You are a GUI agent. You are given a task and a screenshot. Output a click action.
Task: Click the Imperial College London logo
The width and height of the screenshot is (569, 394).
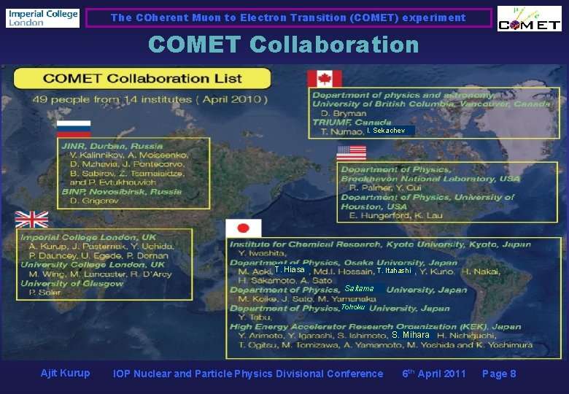42,18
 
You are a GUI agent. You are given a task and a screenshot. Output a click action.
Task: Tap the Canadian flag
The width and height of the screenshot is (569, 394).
324,79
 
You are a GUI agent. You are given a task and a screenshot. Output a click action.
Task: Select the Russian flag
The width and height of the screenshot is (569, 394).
74,128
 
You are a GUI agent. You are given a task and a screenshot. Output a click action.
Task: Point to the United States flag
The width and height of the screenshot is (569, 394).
351,152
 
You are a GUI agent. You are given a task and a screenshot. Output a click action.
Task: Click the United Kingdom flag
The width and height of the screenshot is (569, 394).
32,219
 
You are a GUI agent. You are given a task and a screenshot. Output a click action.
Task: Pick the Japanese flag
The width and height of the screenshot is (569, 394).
243,228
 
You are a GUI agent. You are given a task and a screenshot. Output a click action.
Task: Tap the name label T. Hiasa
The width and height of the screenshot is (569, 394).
290,270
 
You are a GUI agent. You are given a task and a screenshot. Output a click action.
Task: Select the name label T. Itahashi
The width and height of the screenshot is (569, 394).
394,271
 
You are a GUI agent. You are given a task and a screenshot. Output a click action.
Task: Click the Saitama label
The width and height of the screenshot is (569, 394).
359,289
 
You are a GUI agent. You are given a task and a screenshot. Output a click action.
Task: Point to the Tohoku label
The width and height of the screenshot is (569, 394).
353,307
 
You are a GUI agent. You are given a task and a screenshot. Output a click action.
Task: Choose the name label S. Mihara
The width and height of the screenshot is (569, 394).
410,335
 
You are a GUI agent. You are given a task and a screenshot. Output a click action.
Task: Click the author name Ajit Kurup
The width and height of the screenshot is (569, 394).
65,374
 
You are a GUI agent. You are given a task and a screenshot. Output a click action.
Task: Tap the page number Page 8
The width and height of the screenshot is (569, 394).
499,374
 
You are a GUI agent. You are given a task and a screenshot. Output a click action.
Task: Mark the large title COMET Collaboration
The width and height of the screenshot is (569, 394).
283,45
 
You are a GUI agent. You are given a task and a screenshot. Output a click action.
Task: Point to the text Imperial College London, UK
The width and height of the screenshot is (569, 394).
88,237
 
